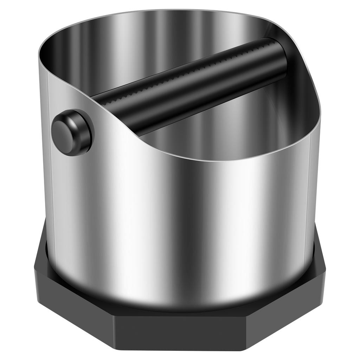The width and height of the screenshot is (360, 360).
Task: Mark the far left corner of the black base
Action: coord(34,271)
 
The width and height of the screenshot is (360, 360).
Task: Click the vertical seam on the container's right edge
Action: coord(309,197)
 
